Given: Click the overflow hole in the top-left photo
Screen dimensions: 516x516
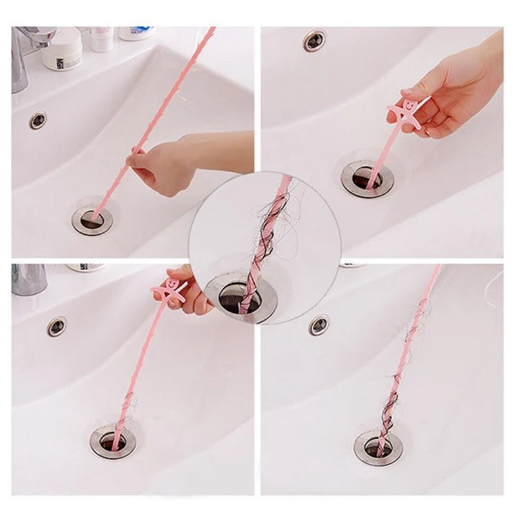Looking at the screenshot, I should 38,120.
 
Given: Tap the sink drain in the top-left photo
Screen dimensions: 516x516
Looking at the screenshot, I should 92,219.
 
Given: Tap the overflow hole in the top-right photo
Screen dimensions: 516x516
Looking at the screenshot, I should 315,40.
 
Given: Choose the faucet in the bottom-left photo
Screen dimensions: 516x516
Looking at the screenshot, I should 28,278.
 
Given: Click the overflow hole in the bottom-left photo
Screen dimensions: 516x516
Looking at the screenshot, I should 57,326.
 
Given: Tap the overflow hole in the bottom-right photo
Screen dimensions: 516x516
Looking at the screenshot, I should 319,325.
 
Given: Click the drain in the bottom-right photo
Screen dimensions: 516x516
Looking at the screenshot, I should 378,447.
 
